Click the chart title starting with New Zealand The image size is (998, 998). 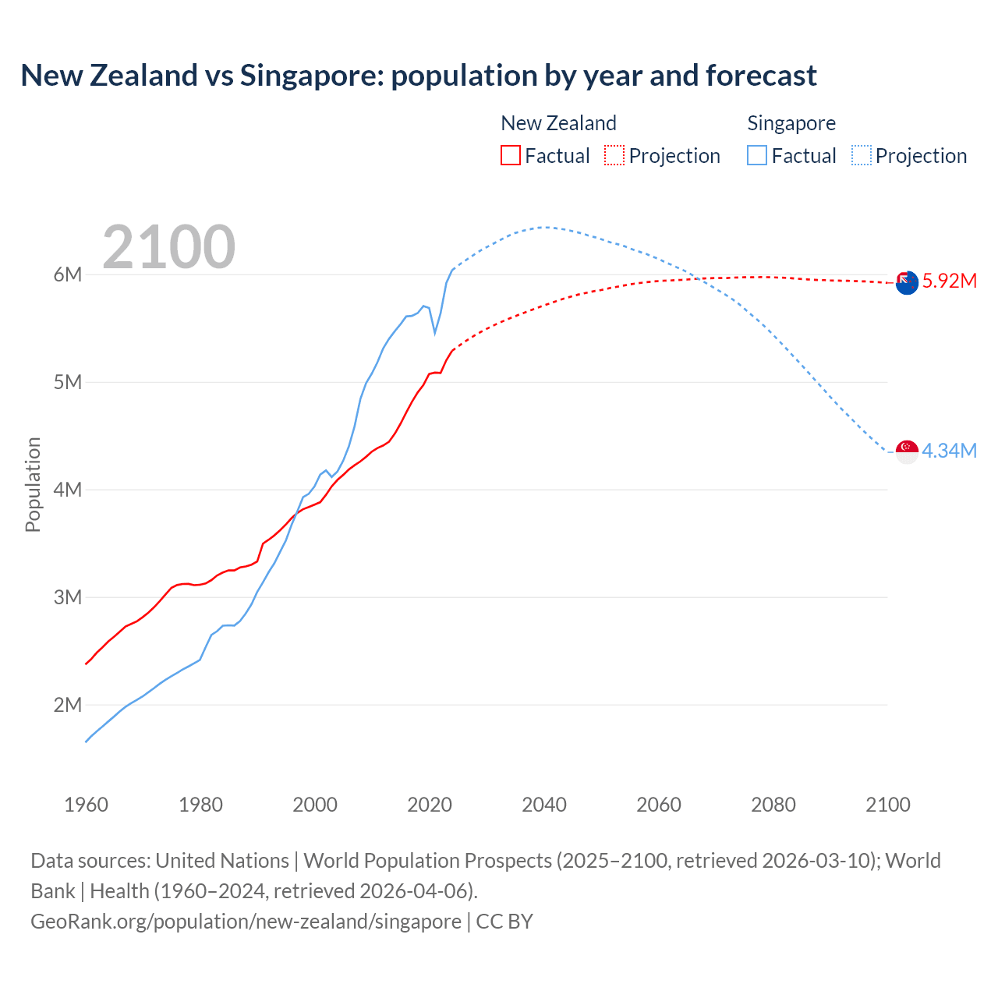419,76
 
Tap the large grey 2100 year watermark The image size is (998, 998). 168,247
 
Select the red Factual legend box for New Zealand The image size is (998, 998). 510,155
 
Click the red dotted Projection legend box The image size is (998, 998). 614,155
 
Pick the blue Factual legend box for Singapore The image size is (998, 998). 757,155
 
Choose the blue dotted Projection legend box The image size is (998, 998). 861,155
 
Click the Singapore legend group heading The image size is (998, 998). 791,123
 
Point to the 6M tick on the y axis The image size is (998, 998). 68,274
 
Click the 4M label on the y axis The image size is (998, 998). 68,490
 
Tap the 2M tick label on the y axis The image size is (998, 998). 68,705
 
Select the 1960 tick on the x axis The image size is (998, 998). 86,805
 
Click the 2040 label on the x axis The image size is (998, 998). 544,805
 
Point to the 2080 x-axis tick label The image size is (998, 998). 773,805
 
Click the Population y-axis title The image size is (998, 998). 33,484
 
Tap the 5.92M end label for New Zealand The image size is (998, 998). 949,281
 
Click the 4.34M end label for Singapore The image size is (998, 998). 949,451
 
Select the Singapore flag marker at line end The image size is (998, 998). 907,451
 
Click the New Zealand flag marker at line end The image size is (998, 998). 907,282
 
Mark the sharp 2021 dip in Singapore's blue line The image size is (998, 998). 435,332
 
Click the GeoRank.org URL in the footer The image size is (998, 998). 246,922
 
